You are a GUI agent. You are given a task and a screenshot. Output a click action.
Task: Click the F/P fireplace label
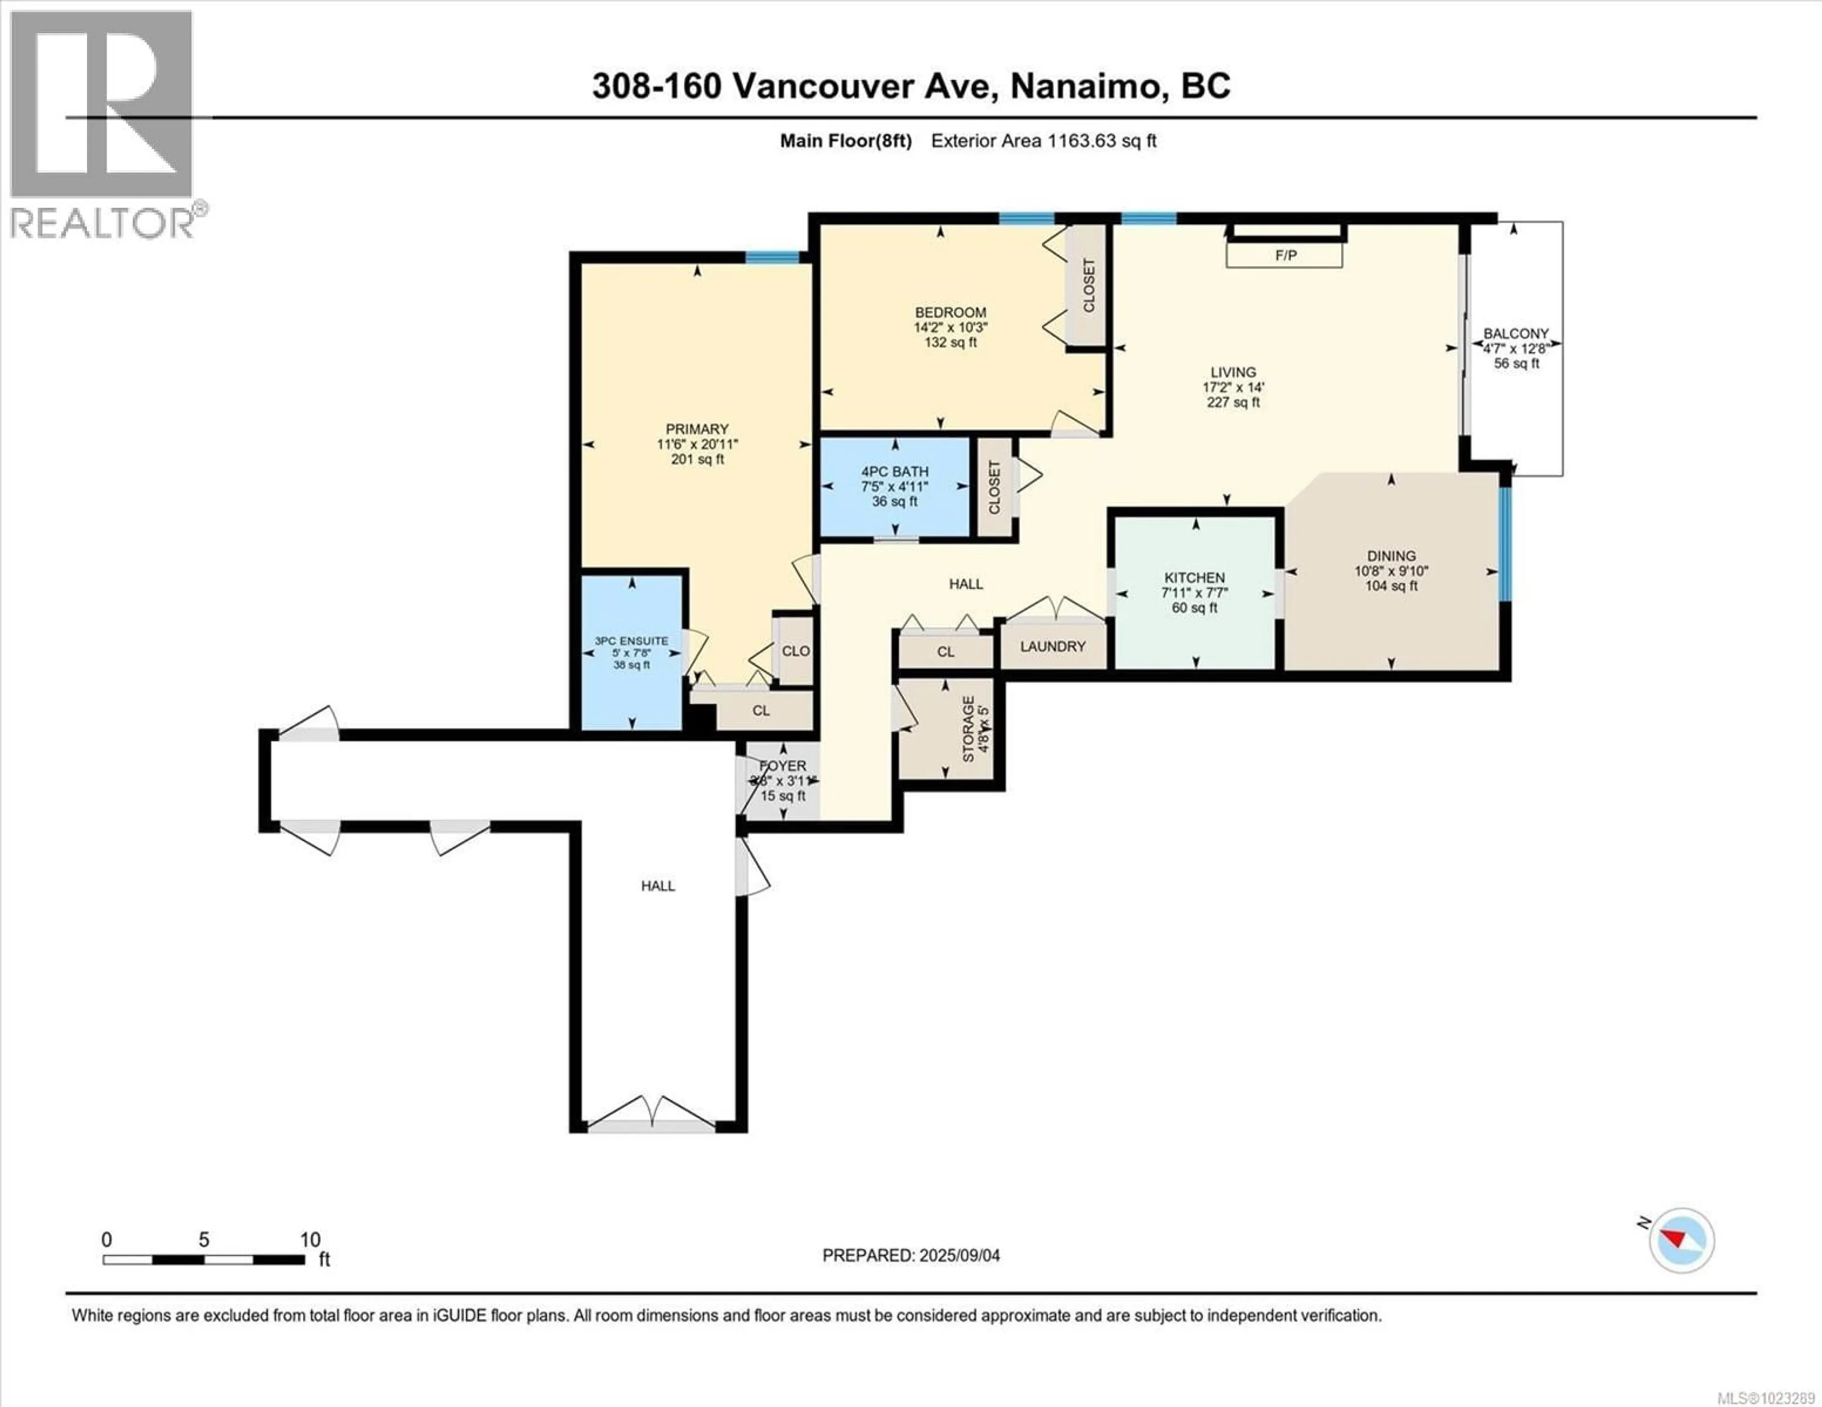pos(1285,255)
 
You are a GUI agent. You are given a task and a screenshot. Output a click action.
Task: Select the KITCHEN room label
pos(1195,577)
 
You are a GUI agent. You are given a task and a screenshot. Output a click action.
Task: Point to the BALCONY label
pos(1516,333)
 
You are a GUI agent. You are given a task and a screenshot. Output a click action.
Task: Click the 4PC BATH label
pos(895,471)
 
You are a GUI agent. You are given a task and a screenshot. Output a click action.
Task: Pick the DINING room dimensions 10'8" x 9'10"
pos(1391,571)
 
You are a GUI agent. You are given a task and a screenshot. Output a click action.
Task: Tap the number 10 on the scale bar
pos(309,1240)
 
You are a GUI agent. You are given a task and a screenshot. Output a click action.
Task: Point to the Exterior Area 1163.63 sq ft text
pos(1044,141)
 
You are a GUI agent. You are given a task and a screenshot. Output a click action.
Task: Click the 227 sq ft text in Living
pos(1233,402)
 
